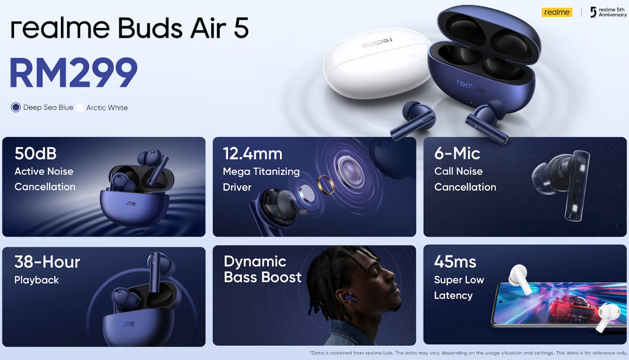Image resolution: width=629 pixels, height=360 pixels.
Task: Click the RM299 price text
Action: (x=74, y=72)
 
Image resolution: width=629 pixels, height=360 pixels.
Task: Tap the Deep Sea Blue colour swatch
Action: (x=16, y=107)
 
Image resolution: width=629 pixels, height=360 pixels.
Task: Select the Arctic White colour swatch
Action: (x=80, y=107)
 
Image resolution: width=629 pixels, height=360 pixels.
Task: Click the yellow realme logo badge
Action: (x=557, y=13)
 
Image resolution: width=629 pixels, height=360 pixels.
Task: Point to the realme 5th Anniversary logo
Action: (x=608, y=13)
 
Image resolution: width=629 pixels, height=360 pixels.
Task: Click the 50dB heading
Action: (x=36, y=154)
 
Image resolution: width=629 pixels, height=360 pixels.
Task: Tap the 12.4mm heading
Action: (x=252, y=154)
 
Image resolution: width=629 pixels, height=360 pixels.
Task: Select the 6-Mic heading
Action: (x=457, y=154)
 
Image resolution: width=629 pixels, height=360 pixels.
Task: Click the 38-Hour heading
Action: (x=47, y=262)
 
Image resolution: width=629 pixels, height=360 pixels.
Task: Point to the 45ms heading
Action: (x=455, y=262)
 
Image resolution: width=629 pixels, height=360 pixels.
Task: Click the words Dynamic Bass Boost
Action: (x=263, y=269)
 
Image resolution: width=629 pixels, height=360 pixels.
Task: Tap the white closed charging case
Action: (x=377, y=64)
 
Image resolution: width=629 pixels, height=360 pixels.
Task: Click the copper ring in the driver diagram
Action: (x=326, y=185)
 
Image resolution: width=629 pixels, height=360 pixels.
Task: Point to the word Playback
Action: (x=36, y=280)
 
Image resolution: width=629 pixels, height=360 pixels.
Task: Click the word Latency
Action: (x=453, y=296)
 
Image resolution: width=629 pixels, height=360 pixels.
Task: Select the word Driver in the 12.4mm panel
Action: (x=237, y=187)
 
